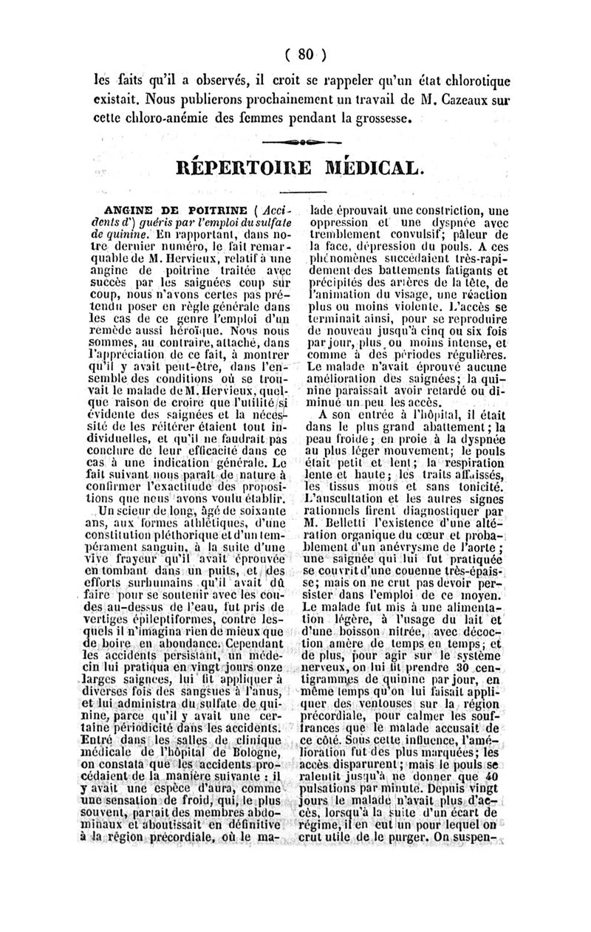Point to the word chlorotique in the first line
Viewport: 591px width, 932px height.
[471, 78]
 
